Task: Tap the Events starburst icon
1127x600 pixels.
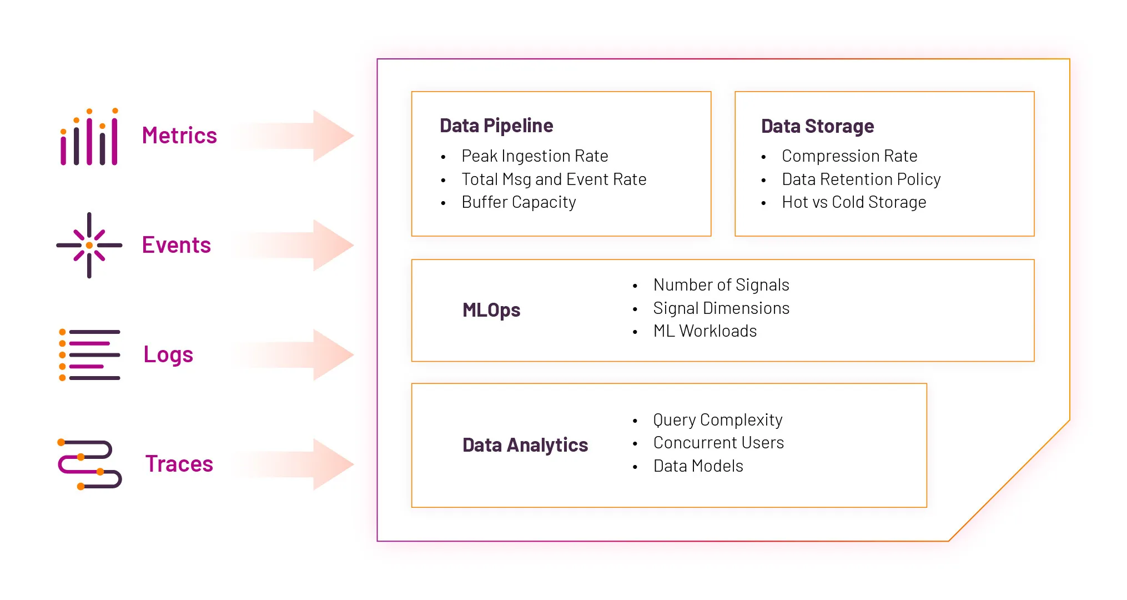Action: point(89,245)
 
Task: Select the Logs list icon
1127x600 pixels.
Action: point(89,354)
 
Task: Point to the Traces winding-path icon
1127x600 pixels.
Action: point(89,464)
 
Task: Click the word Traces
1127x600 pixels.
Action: point(179,464)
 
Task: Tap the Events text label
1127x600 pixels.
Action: point(176,245)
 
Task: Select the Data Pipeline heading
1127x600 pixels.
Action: point(496,126)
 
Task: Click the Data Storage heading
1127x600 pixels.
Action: point(817,126)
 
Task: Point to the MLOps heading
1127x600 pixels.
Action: point(491,310)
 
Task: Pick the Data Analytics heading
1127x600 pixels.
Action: point(525,445)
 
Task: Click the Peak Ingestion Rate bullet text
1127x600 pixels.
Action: point(535,156)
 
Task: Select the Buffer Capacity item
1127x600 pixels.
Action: point(519,202)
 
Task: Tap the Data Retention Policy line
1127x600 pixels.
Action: point(861,179)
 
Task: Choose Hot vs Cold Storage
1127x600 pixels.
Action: point(854,202)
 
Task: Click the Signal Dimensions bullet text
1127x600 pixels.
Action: point(721,308)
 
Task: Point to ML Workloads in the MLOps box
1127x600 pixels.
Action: point(705,331)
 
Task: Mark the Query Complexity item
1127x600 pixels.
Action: point(718,420)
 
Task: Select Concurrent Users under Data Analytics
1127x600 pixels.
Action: point(718,443)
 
